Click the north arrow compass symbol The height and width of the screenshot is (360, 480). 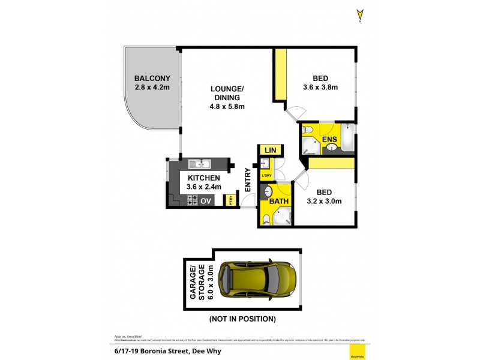359,14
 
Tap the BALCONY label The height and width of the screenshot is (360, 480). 152,78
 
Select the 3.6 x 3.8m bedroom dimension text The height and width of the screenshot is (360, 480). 321,87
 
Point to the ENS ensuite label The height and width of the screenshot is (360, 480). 329,140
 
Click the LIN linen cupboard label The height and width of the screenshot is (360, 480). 268,150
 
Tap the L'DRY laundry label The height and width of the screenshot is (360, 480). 266,175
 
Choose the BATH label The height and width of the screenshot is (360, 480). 278,201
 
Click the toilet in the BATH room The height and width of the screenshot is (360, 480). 266,218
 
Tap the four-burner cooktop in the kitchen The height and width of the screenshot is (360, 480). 192,201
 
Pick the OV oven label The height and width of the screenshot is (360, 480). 206,201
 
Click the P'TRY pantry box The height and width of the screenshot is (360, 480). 230,201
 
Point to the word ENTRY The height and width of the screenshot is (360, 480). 248,179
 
